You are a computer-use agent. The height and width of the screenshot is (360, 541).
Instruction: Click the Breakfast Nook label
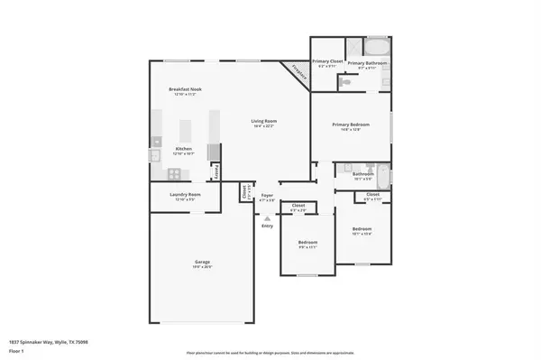click(x=184, y=88)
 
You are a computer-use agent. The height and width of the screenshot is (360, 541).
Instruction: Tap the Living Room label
click(x=264, y=121)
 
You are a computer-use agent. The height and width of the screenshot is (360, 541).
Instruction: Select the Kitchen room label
click(x=183, y=150)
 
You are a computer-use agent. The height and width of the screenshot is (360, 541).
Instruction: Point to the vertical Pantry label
click(x=216, y=171)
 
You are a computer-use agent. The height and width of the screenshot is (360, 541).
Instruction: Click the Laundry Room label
click(x=185, y=195)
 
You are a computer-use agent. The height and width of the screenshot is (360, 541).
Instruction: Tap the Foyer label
click(x=267, y=195)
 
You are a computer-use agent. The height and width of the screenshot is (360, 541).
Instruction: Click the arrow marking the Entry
click(x=267, y=217)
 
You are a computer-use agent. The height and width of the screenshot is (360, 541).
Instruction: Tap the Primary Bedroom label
click(x=352, y=126)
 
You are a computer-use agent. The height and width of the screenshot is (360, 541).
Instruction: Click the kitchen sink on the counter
click(x=154, y=155)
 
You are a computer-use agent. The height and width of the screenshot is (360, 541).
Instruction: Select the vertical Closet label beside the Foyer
click(x=243, y=191)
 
